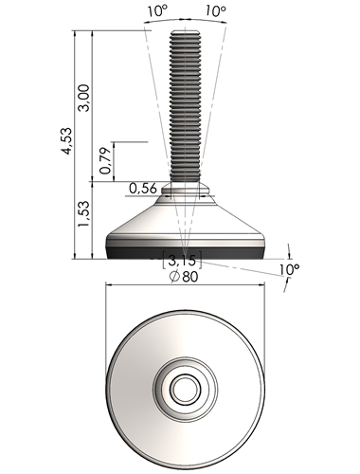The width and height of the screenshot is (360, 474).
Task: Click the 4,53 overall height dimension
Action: [67, 140]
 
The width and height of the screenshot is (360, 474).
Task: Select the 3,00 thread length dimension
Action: [84, 98]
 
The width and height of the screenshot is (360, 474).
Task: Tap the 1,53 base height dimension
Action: [84, 213]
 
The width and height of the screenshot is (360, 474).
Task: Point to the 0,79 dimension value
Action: [105, 160]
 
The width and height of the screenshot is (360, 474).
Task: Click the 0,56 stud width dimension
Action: [143, 189]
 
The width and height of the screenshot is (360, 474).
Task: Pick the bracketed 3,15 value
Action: [182, 260]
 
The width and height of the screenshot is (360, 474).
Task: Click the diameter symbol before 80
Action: [174, 277]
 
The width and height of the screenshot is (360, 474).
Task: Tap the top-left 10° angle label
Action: [157, 11]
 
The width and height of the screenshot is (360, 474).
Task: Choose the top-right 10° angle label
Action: [216, 11]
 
